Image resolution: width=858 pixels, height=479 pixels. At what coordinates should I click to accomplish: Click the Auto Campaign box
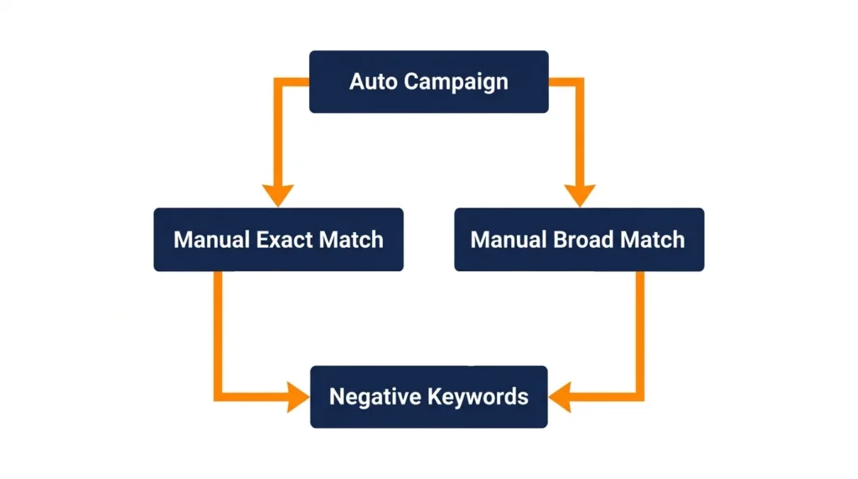click(x=429, y=81)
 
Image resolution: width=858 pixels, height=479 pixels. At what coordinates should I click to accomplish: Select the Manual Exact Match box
click(x=278, y=239)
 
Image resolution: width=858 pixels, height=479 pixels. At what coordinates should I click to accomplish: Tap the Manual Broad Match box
click(x=579, y=239)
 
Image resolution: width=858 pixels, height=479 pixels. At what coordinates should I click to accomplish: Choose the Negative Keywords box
click(x=429, y=396)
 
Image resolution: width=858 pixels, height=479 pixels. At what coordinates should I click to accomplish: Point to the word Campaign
click(x=456, y=82)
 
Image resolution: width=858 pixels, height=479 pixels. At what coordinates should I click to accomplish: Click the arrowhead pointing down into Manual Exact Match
click(x=278, y=195)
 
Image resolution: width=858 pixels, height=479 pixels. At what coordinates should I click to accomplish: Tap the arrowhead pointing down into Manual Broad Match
click(x=579, y=195)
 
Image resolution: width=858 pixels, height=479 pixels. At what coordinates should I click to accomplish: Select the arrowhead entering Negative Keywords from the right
click(x=559, y=396)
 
